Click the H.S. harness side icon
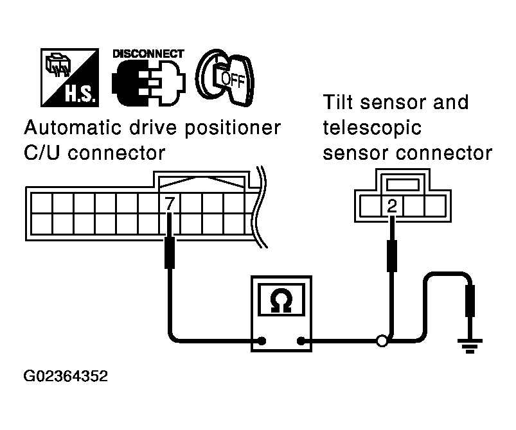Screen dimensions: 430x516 coord(70,78)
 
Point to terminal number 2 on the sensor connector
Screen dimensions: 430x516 coord(391,205)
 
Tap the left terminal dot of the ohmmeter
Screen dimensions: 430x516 coord(262,340)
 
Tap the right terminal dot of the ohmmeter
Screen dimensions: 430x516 coord(300,340)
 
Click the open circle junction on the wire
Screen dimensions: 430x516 coord(382,341)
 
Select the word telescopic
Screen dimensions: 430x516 coord(373,128)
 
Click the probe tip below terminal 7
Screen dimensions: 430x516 coord(170,252)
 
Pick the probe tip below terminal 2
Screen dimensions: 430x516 coord(391,255)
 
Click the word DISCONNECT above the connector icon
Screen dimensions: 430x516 coord(148,54)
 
